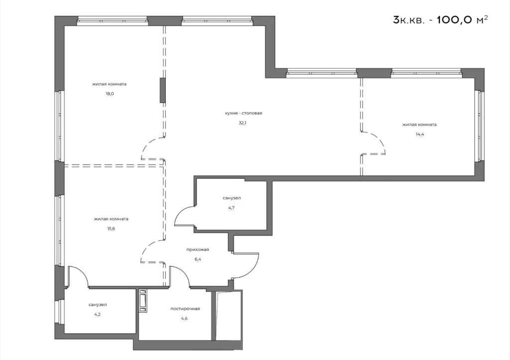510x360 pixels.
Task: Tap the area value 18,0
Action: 110,94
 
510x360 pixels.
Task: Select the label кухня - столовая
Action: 243,113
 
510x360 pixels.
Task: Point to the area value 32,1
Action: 243,122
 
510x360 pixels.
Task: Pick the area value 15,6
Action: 111,229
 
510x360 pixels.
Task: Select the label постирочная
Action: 185,309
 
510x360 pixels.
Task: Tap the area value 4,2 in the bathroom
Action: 98,314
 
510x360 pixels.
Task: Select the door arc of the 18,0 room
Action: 151,148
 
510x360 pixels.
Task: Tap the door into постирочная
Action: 179,277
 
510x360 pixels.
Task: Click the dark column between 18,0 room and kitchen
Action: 162,90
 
